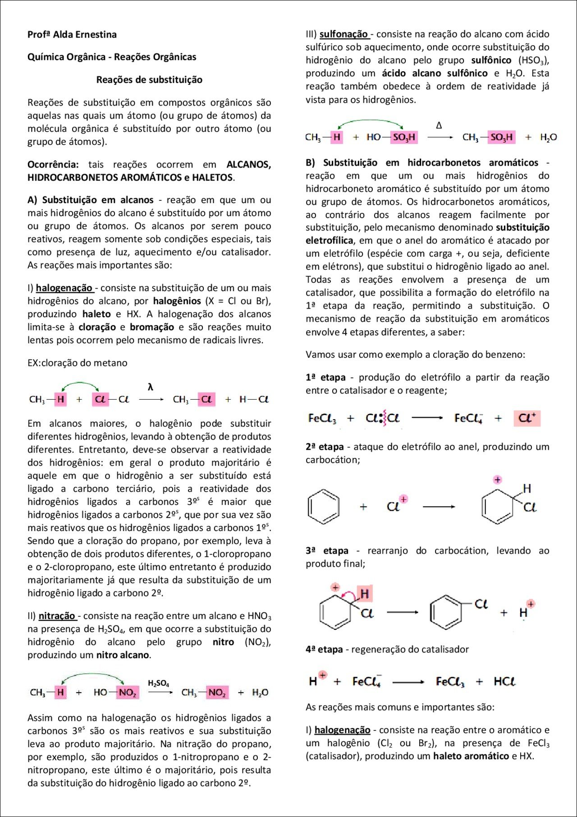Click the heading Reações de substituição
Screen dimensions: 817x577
pos(149,80)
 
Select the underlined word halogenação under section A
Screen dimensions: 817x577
pos(64,288)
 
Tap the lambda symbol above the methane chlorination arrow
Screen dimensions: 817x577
pos(151,387)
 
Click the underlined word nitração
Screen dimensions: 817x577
pos(57,616)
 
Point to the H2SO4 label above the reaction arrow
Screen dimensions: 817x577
pos(159,684)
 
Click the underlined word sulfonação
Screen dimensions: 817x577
pos(344,34)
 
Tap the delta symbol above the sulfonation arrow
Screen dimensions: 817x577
pos(439,125)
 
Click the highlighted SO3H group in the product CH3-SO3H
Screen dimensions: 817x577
pos(501,137)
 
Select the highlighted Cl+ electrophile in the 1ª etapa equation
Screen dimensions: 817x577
pos(527,418)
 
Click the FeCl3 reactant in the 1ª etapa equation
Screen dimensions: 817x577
pos(322,419)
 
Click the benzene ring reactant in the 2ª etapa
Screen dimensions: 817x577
pos(323,507)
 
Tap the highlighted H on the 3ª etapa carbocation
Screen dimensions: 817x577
pos(365,594)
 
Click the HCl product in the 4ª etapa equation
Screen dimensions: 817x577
pos(504,681)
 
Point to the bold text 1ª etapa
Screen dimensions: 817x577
pos(325,377)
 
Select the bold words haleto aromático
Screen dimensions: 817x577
pos(471,756)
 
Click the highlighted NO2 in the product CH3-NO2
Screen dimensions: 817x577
pos(217,692)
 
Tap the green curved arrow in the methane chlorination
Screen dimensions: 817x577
pos(80,384)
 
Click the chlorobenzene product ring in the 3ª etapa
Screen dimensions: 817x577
pos(446,612)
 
